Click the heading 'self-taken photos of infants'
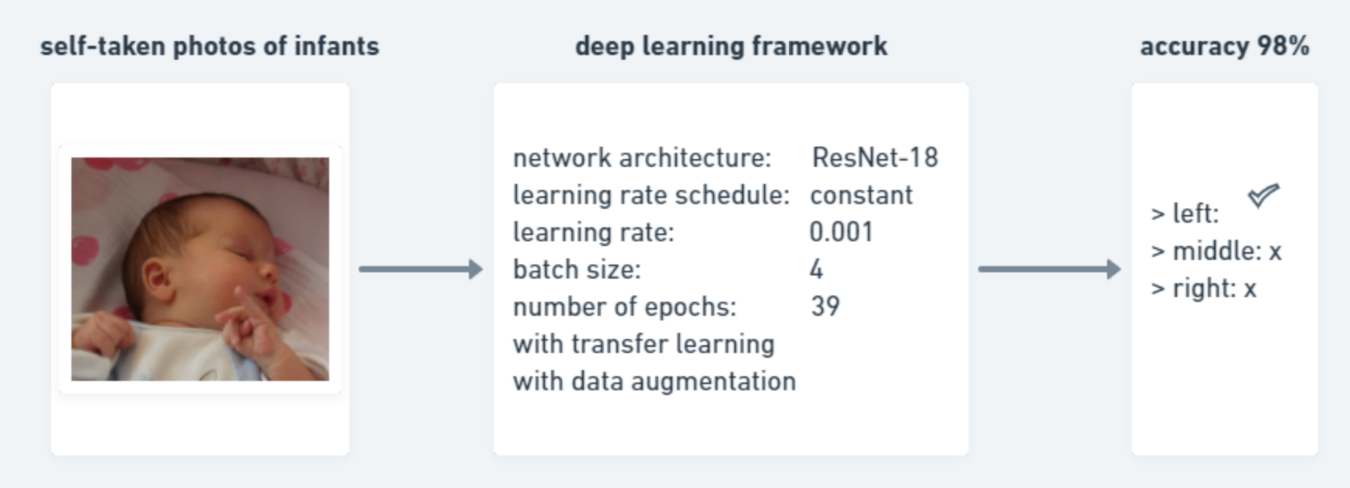click(210, 47)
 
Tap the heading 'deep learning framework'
click(731, 47)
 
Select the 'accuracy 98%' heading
click(1224, 47)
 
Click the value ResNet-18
click(875, 157)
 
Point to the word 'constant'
click(861, 195)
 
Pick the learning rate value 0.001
click(841, 232)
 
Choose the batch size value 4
click(816, 269)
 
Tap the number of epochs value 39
click(825, 306)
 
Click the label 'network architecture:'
click(642, 157)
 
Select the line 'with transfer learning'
click(644, 344)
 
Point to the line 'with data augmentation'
click(654, 381)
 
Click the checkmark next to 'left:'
click(1263, 196)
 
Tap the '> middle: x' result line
click(1216, 251)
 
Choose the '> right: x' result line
click(1204, 289)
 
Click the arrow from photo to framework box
click(421, 269)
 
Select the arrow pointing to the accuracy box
click(1050, 269)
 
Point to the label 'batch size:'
click(577, 269)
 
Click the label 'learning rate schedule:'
click(651, 195)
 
